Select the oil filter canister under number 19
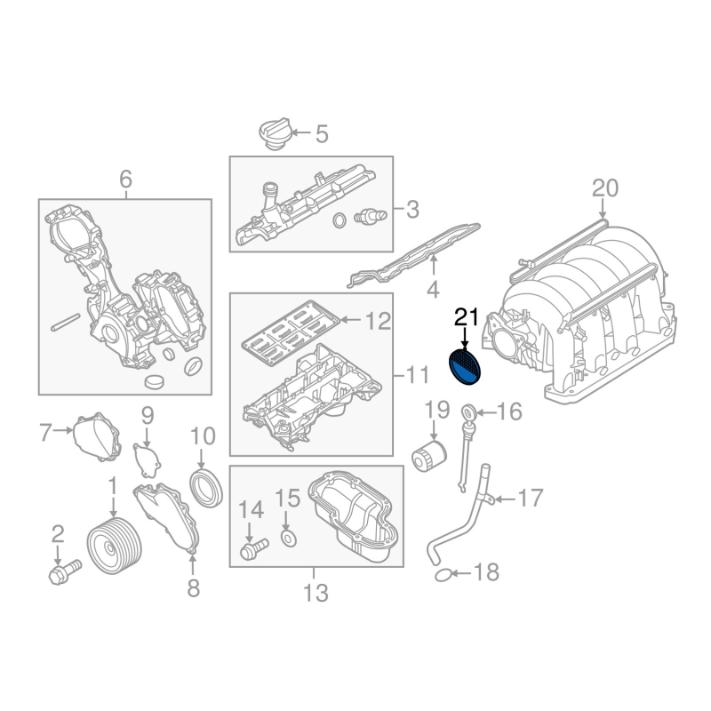429,455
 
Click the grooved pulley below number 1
115,546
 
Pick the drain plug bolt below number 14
254,548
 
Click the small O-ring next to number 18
443,576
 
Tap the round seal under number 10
206,489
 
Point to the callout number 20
605,188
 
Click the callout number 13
316,592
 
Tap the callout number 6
125,180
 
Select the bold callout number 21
467,317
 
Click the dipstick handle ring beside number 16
469,412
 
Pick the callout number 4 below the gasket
433,290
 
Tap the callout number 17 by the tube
531,498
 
